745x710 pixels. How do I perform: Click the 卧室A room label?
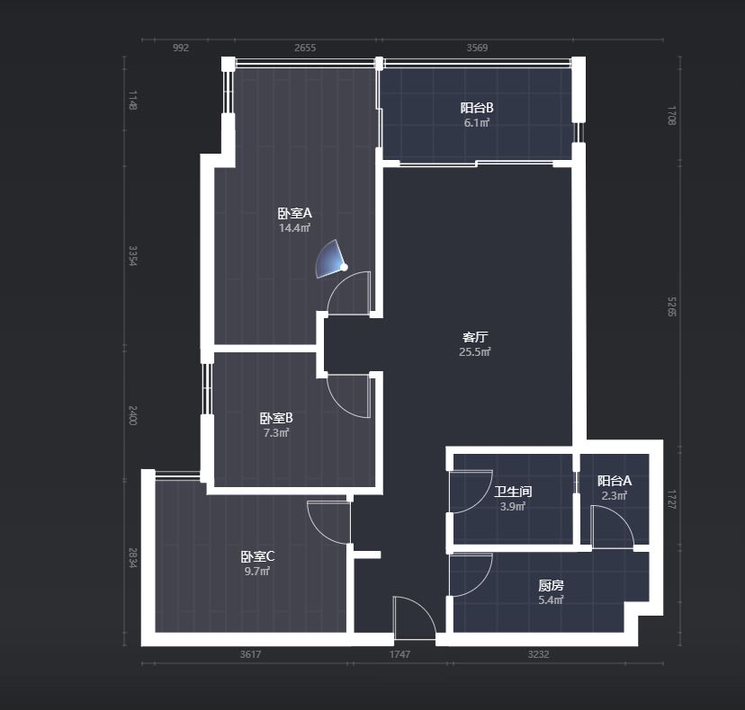pyautogui.click(x=294, y=213)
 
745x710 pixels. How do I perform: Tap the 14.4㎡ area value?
pyautogui.click(x=294, y=227)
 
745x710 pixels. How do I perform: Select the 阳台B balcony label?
pyautogui.click(x=477, y=108)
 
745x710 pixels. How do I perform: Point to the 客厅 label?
pyautogui.click(x=475, y=337)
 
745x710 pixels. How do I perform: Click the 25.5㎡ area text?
pyautogui.click(x=475, y=351)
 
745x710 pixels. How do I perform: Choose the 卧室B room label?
pyautogui.click(x=276, y=418)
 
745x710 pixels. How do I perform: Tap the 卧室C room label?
pyautogui.click(x=257, y=556)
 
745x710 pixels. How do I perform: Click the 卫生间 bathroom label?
pyautogui.click(x=513, y=492)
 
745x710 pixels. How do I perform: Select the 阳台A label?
pyautogui.click(x=615, y=481)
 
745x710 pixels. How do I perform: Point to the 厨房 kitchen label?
pyautogui.click(x=551, y=585)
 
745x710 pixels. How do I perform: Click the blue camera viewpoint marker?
pyautogui.click(x=331, y=259)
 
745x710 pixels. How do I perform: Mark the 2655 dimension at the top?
pyautogui.click(x=305, y=48)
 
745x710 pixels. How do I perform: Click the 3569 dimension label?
pyautogui.click(x=477, y=48)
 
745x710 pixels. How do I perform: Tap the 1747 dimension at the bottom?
pyautogui.click(x=399, y=654)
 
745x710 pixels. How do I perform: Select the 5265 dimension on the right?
pyautogui.click(x=671, y=306)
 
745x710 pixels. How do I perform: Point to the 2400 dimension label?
pyautogui.click(x=132, y=415)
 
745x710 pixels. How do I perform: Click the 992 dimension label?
pyautogui.click(x=181, y=48)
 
